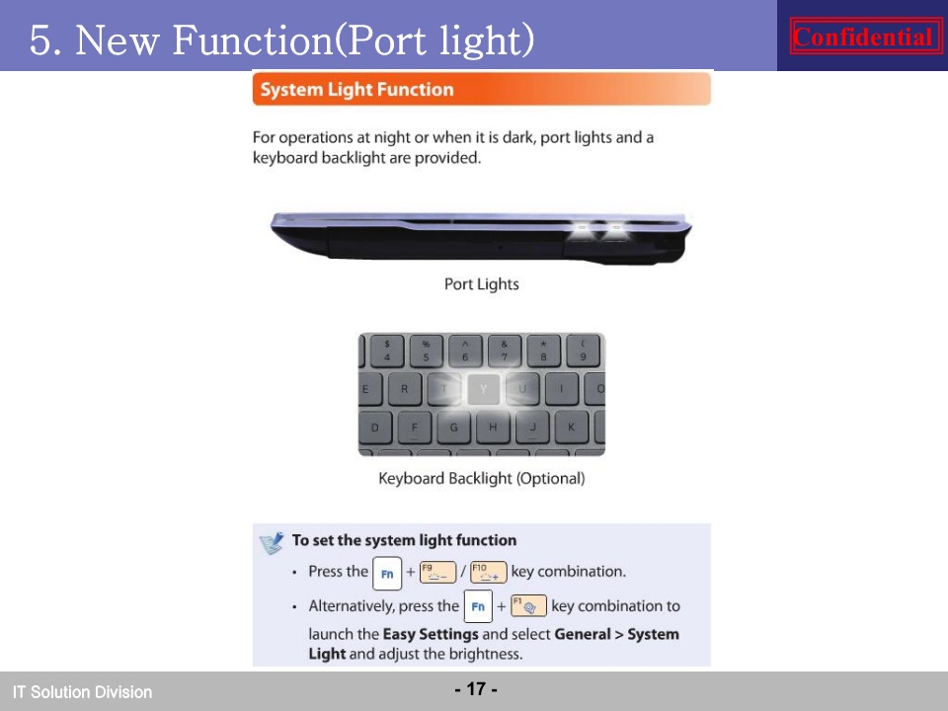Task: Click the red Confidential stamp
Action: pyautogui.click(x=866, y=37)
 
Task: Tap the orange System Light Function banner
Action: pyautogui.click(x=481, y=89)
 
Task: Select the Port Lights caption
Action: pyautogui.click(x=481, y=284)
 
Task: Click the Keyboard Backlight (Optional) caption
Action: pyautogui.click(x=481, y=478)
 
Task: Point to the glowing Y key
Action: pyautogui.click(x=483, y=389)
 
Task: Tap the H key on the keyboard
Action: pyautogui.click(x=493, y=427)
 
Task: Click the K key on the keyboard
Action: pyautogui.click(x=572, y=427)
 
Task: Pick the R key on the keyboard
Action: pyautogui.click(x=404, y=389)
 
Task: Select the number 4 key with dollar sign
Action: pyautogui.click(x=387, y=351)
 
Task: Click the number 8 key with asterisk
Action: pyautogui.click(x=543, y=351)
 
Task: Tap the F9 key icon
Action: pyautogui.click(x=437, y=572)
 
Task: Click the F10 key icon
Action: pyautogui.click(x=489, y=572)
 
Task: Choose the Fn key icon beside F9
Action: pyautogui.click(x=387, y=573)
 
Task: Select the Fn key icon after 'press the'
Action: pyautogui.click(x=478, y=606)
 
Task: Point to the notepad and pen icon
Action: pyautogui.click(x=272, y=543)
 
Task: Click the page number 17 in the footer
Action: pyautogui.click(x=476, y=688)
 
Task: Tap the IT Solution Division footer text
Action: pyautogui.click(x=82, y=691)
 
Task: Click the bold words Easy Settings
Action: pyautogui.click(x=431, y=634)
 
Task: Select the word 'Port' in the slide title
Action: pyautogui.click(x=386, y=39)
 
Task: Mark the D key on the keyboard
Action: pyautogui.click(x=375, y=427)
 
